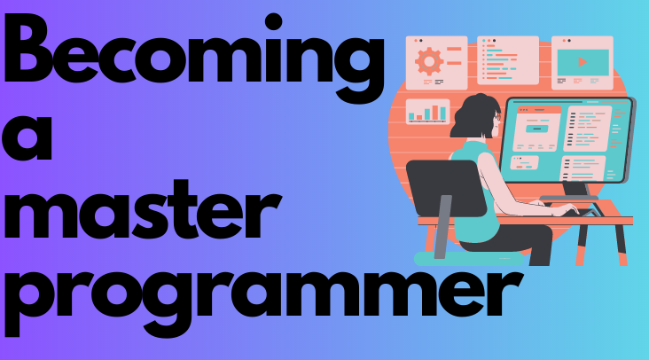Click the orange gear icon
pos(429,60)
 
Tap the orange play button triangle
pos(583,63)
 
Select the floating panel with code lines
pos(507,60)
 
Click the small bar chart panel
pos(427,112)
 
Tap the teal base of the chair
pos(452,258)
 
